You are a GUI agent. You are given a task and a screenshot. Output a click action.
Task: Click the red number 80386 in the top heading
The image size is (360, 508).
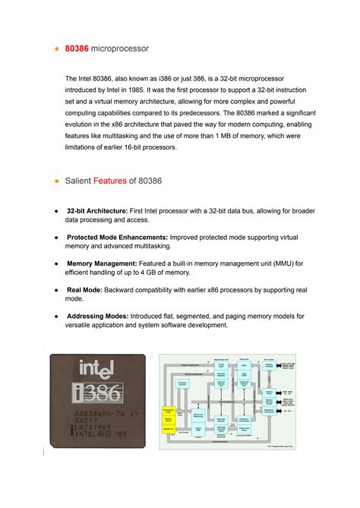pyautogui.click(x=77, y=49)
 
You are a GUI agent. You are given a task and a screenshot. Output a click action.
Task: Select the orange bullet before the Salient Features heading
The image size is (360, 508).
pyautogui.click(x=56, y=183)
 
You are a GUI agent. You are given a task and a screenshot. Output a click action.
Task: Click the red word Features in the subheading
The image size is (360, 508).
pyautogui.click(x=109, y=183)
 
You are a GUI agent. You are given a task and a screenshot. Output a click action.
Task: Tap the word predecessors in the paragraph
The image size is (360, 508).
pyautogui.click(x=224, y=113)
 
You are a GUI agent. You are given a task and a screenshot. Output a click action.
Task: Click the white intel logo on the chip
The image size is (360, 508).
pyautogui.click(x=96, y=371)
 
